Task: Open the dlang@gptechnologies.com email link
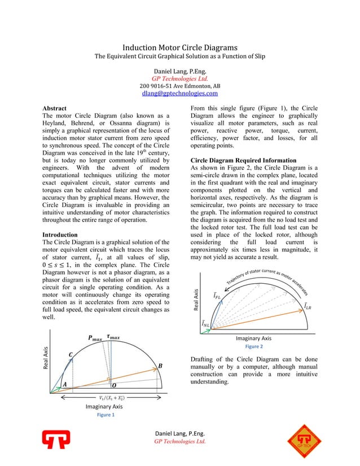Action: point(180,93)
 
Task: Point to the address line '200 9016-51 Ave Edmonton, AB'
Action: point(180,86)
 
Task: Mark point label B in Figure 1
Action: point(160,366)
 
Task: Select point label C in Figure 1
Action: point(71,354)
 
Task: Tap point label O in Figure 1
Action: point(113,385)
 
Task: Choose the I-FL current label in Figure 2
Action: point(217,294)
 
